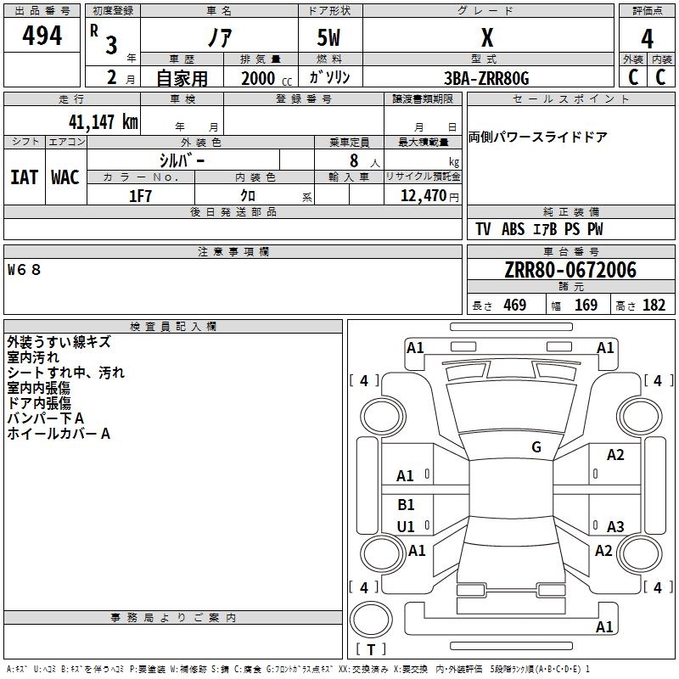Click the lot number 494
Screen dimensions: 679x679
42,35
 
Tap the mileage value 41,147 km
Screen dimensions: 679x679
104,122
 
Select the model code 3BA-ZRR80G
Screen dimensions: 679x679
486,78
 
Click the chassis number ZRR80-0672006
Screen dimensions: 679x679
570,270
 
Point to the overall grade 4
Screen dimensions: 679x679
647,38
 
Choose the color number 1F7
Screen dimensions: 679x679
140,196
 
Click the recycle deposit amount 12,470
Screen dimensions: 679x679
423,196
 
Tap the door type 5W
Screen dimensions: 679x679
328,37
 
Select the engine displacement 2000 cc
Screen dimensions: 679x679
267,78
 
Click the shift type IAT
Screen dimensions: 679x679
25,177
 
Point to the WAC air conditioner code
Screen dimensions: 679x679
65,177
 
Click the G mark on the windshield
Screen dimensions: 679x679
536,447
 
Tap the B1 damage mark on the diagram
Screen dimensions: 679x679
406,504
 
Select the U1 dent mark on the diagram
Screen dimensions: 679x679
406,526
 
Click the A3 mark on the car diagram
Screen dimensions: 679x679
615,526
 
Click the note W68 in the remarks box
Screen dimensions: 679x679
25,270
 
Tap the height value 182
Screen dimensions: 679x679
654,306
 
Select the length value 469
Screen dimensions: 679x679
515,306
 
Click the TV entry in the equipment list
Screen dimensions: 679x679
483,229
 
